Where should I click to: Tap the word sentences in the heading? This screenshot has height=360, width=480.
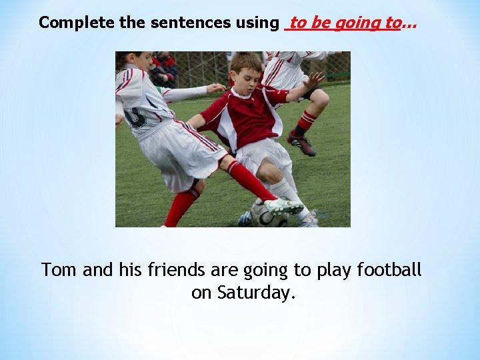pos(191,23)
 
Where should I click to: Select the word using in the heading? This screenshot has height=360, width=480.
pos(257,23)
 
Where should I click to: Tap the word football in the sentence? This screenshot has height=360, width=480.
pos(389,270)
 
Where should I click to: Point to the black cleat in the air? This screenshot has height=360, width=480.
pos(301,143)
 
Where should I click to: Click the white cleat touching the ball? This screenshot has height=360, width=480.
pos(284,206)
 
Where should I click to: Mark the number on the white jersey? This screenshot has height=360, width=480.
pos(135,118)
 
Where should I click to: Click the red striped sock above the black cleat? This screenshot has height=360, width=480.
pos(306,121)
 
